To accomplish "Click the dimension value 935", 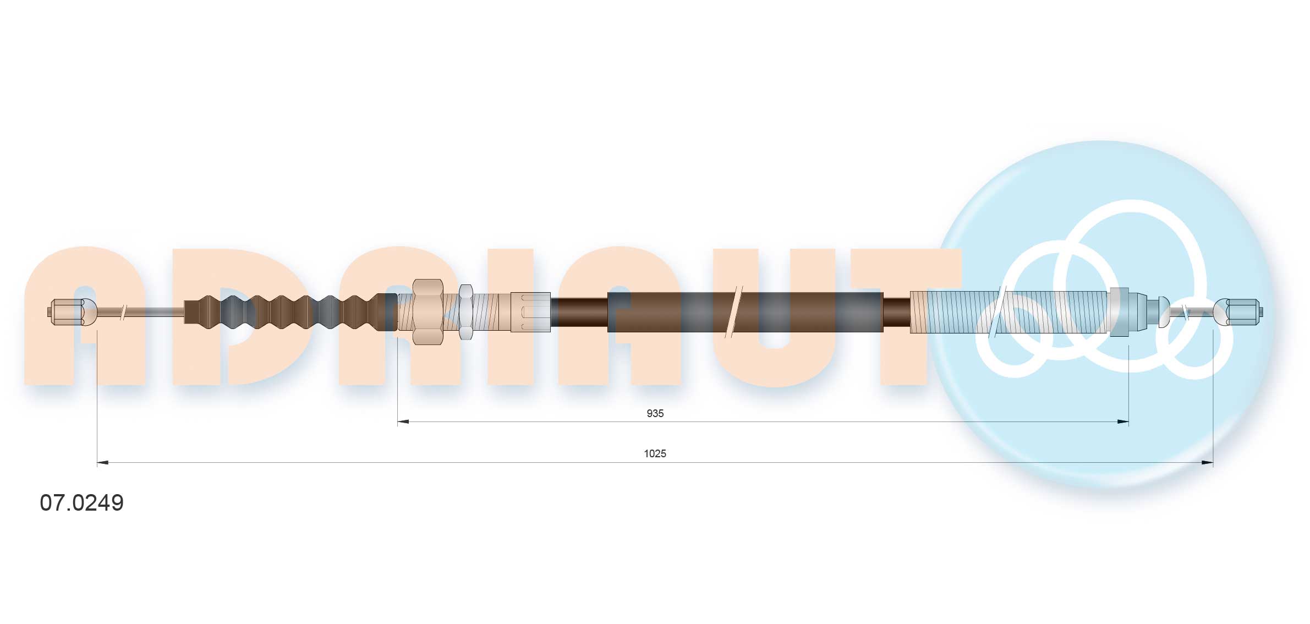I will [655, 413].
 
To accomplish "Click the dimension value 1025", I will [655, 453].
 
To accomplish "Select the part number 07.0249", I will [82, 503].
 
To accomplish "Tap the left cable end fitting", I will [72, 312].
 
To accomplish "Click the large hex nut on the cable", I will [427, 312].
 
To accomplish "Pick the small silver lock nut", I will [465, 312].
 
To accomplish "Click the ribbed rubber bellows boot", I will [286, 312].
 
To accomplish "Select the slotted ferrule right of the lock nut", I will [530, 312].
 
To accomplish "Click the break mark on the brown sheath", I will [734, 312].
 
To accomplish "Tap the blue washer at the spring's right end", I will [1119, 312].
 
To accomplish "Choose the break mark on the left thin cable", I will [124, 312].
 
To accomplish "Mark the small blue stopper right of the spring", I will [1164, 312].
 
